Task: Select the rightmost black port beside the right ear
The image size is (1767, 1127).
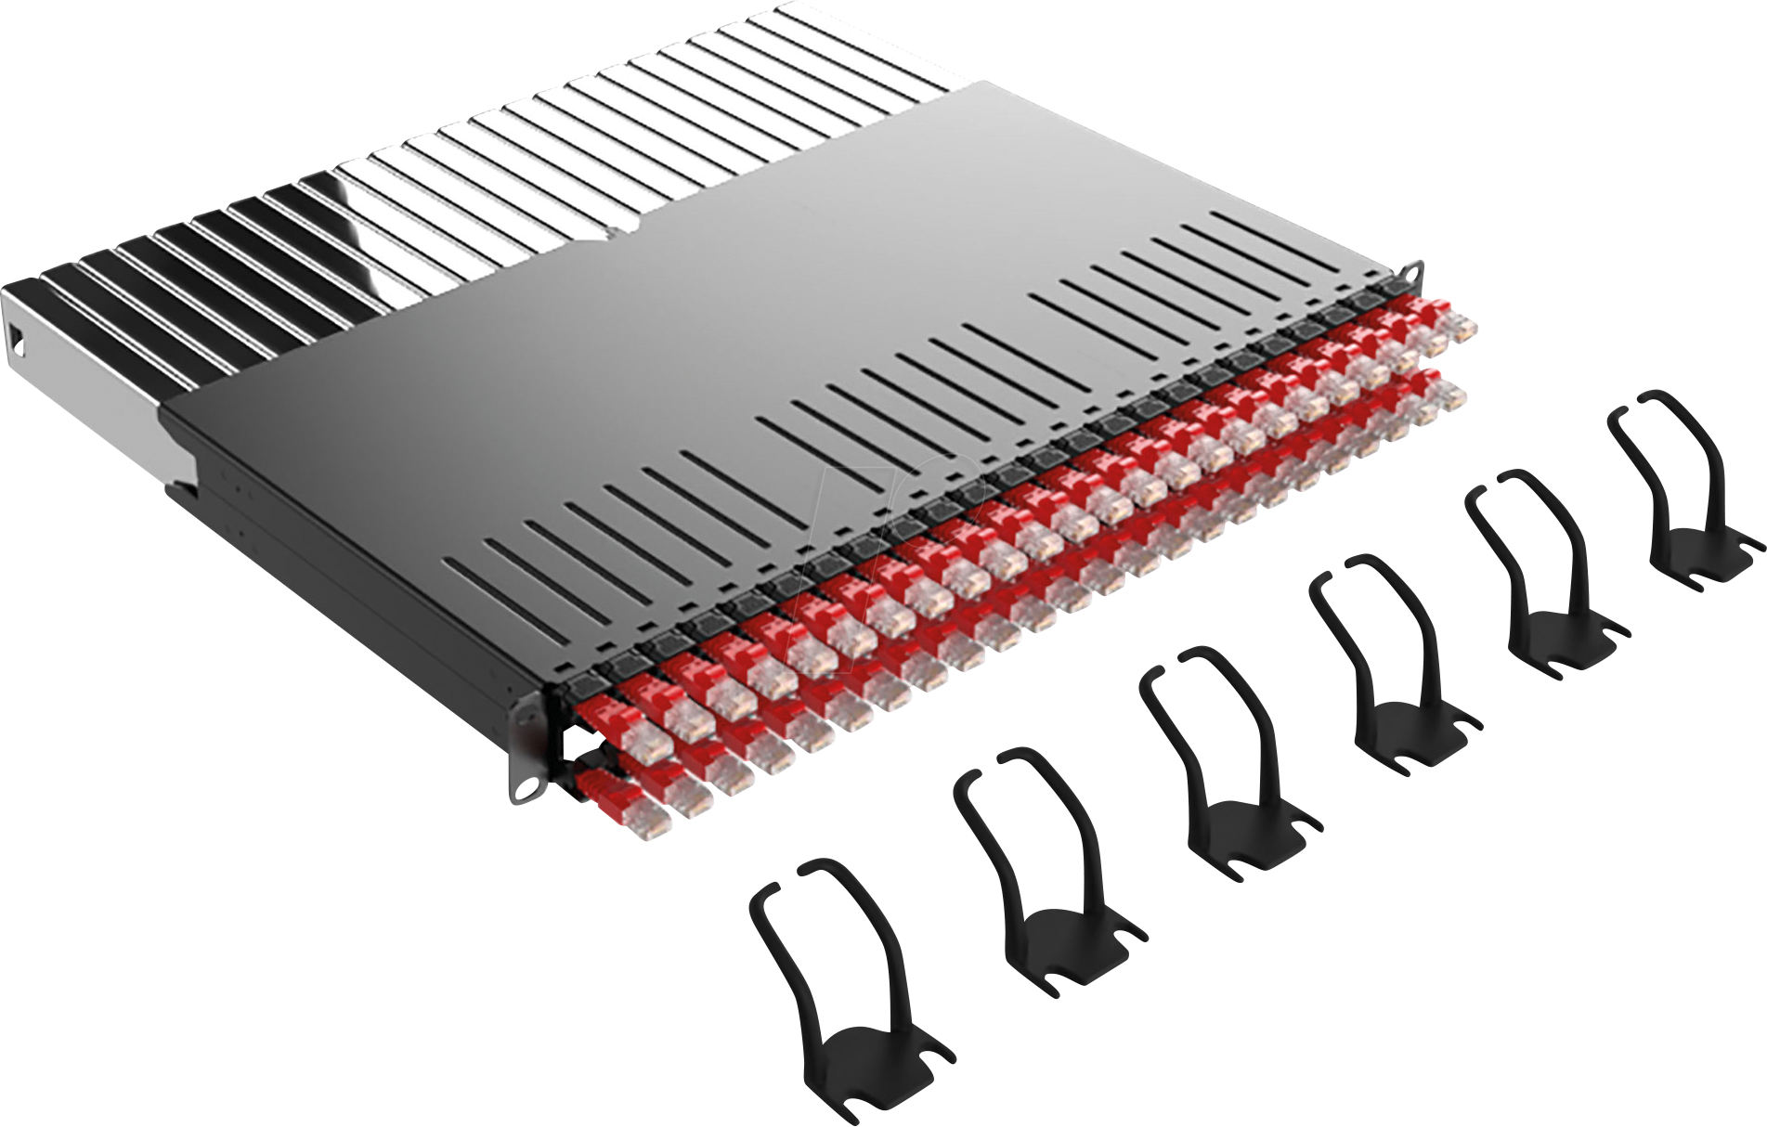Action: click(x=1393, y=289)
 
